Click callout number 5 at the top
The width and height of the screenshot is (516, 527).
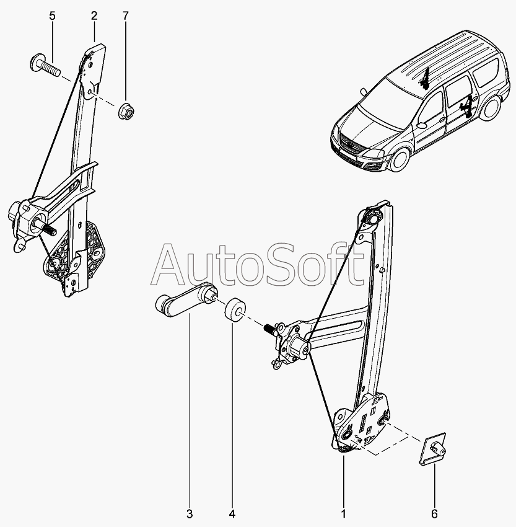[52, 15]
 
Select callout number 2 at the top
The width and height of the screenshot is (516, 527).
[94, 15]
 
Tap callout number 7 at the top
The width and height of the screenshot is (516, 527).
[126, 15]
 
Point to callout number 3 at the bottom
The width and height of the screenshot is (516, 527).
[190, 514]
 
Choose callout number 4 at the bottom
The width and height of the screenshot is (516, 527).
[232, 514]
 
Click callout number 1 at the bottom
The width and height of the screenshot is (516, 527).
[343, 514]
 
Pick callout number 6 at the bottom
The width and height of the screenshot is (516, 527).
[435, 514]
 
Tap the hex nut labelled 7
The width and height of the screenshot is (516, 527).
[126, 110]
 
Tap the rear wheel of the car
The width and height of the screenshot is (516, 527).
[491, 107]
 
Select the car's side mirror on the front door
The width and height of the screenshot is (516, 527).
[421, 125]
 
